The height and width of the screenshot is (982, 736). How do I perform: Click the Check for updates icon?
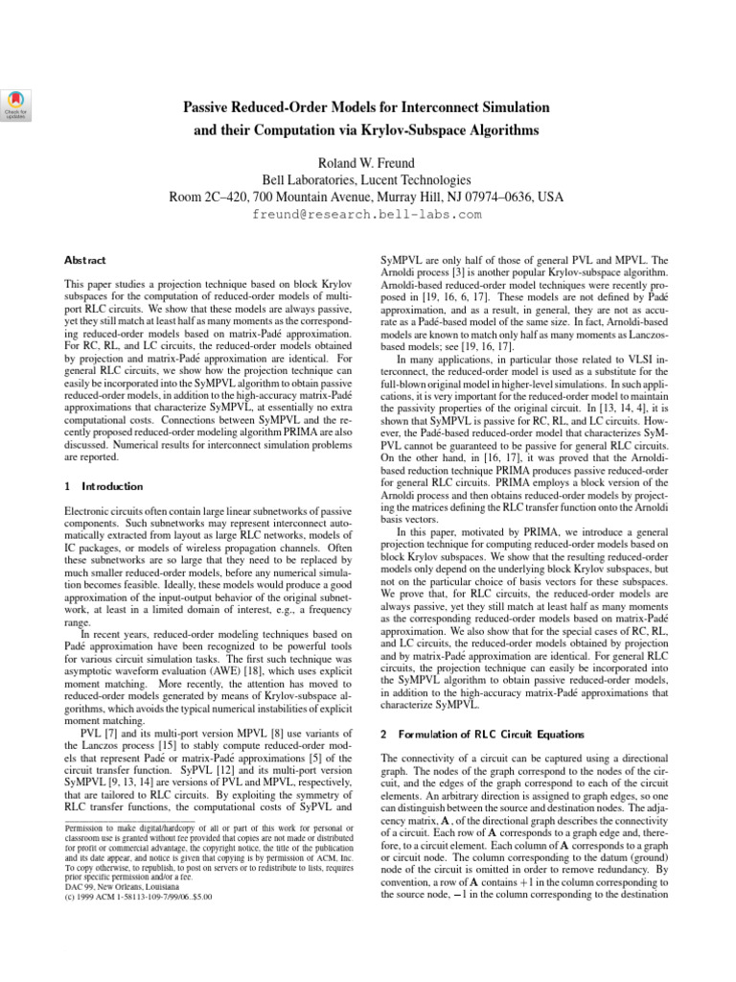(x=17, y=103)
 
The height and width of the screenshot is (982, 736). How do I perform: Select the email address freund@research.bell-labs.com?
(x=367, y=215)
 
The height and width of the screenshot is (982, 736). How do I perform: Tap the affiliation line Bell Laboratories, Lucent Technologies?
(x=367, y=178)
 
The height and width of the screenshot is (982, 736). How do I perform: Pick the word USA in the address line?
(x=550, y=197)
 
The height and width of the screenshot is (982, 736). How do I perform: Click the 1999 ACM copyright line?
(x=137, y=898)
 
